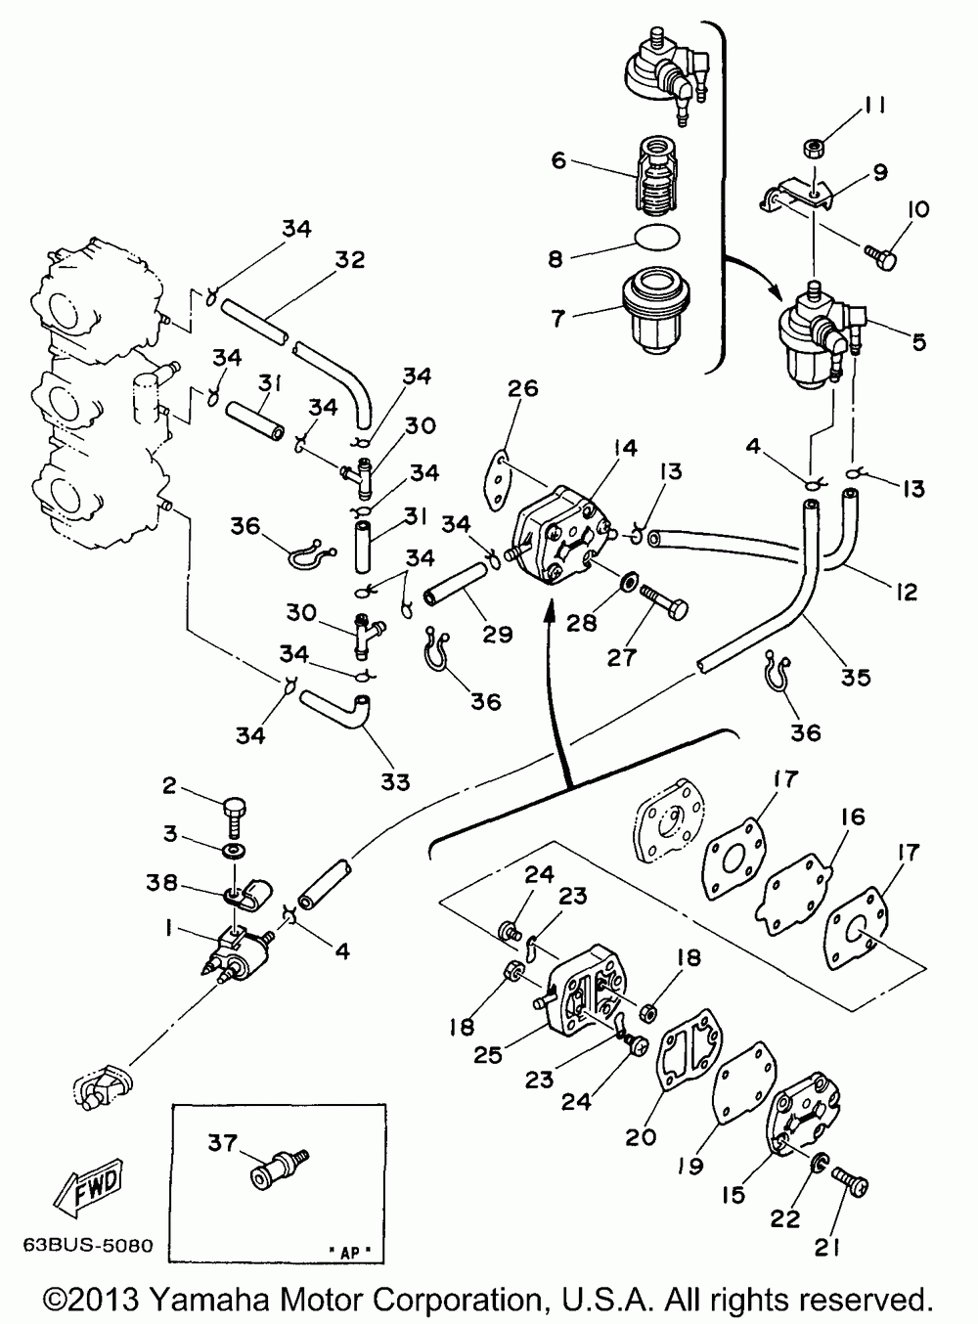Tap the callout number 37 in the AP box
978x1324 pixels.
(222, 1142)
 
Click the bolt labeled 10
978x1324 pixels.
(879, 253)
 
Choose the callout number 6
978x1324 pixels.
(558, 159)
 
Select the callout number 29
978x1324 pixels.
(498, 634)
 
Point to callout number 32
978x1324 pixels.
(350, 260)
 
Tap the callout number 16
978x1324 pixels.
(853, 816)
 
